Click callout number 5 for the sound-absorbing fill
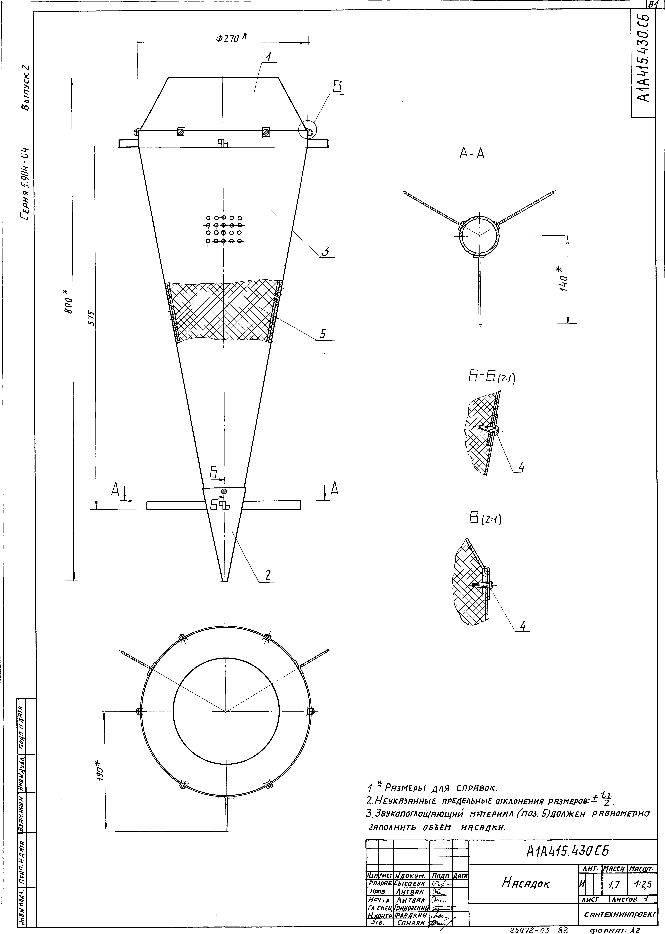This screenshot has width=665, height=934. [323, 334]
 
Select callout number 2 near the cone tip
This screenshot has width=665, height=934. [268, 575]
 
